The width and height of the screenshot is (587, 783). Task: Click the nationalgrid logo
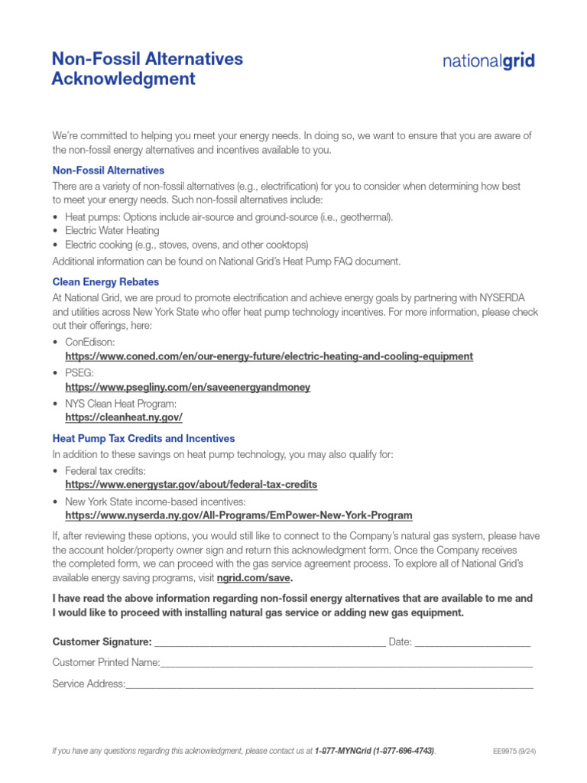click(488, 61)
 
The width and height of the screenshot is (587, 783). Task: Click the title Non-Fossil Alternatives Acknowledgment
click(147, 69)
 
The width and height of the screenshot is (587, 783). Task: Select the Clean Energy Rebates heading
click(105, 282)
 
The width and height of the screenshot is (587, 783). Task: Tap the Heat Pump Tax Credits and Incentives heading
click(143, 439)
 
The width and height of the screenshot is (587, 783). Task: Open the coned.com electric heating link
click(269, 356)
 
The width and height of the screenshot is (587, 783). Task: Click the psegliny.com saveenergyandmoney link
click(187, 387)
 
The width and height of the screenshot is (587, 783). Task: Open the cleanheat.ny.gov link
click(124, 417)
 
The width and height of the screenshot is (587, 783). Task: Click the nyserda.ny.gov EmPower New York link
click(238, 515)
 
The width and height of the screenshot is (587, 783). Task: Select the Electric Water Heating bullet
click(112, 231)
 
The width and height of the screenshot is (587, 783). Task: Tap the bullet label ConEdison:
click(90, 342)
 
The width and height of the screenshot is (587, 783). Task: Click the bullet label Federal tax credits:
click(105, 470)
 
